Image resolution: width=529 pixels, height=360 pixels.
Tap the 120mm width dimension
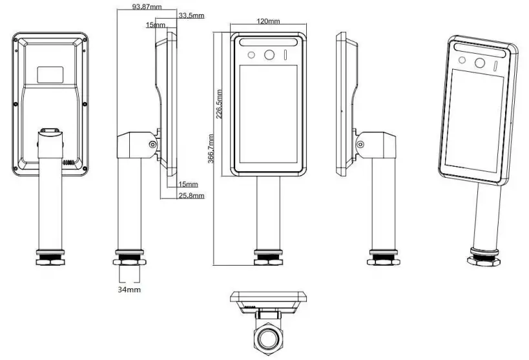(x=268, y=21)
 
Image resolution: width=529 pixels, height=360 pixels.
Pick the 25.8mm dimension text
(x=191, y=195)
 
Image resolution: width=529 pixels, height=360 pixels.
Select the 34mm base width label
(x=129, y=290)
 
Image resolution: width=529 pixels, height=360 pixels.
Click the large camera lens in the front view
(x=269, y=54)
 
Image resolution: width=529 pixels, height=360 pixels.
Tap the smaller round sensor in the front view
(x=254, y=54)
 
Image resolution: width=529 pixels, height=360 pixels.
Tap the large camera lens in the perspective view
(x=480, y=63)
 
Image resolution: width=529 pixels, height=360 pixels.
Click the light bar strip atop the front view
(x=269, y=41)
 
